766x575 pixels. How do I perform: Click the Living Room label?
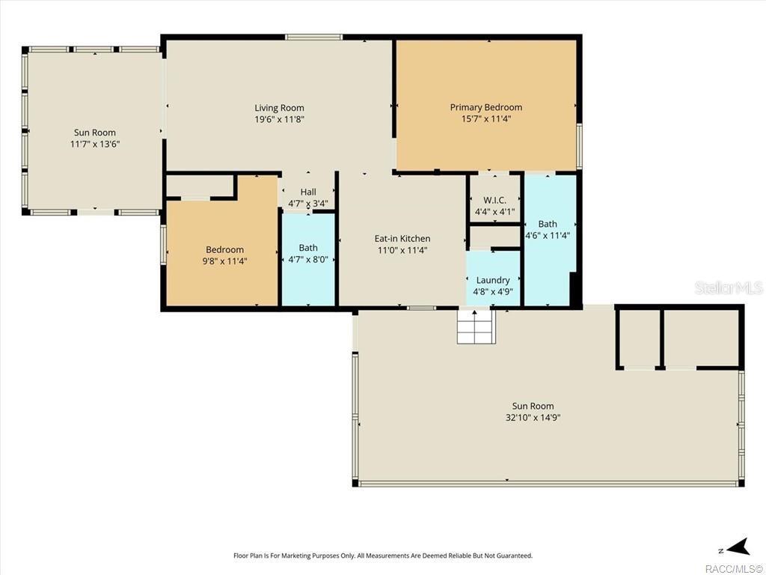pos(280,108)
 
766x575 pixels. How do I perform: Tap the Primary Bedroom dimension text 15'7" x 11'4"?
pos(486,119)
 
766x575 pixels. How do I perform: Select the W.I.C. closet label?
pos(495,200)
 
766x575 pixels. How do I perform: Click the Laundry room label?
pos(493,280)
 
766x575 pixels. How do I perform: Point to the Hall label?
pos(308,192)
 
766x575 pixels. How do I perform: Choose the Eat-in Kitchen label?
pos(402,239)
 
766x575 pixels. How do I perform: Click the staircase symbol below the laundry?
pos(477,326)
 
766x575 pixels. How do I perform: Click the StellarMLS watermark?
pos(729,287)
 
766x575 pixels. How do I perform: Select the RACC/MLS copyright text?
pos(735,569)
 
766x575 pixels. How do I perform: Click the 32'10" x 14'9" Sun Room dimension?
pos(533,418)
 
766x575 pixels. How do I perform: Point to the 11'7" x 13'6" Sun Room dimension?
pos(95,144)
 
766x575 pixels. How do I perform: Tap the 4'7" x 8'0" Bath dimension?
pos(308,260)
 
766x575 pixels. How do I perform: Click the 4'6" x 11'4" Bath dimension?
pos(548,236)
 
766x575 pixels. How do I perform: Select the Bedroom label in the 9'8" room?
pos(224,249)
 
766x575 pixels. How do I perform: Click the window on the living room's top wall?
pos(313,37)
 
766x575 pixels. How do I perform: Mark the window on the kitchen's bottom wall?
pos(422,308)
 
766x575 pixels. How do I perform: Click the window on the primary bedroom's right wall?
pos(580,146)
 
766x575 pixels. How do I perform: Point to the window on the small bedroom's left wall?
pos(163,245)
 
